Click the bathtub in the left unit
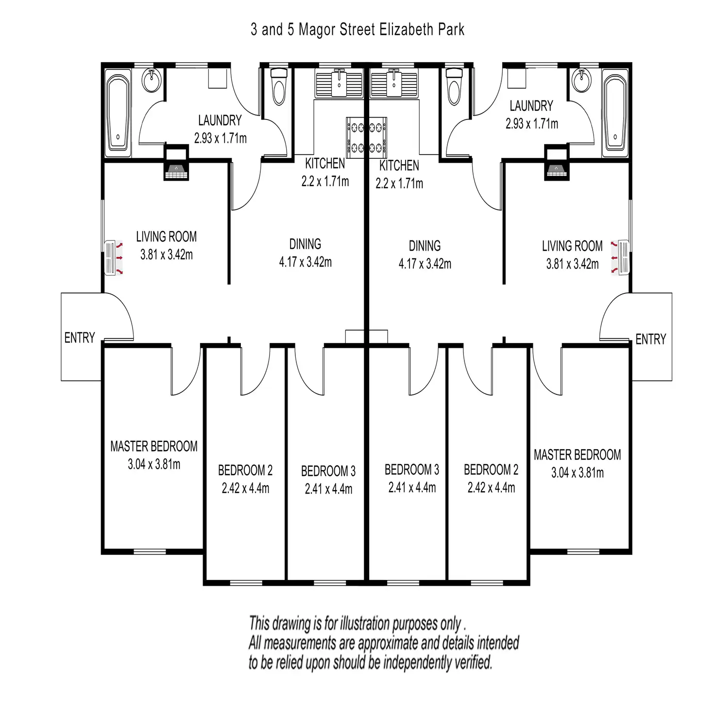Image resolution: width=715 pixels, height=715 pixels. [x=118, y=113]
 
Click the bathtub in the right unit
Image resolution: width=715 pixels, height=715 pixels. [x=614, y=113]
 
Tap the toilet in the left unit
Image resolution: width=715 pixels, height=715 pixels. [x=279, y=86]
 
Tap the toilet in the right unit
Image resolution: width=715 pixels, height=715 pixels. [x=454, y=86]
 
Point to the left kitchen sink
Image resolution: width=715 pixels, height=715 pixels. [x=339, y=84]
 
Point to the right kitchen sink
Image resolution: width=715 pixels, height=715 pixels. [x=393, y=84]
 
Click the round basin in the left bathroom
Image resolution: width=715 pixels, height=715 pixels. [x=152, y=80]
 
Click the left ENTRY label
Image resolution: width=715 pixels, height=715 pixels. [x=80, y=338]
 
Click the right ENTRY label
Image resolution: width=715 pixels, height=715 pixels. [x=650, y=339]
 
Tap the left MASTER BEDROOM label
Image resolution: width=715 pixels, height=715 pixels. [x=153, y=446]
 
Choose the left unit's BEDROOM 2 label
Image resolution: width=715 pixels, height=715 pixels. [x=245, y=470]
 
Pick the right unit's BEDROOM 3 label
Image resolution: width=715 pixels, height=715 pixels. [x=411, y=470]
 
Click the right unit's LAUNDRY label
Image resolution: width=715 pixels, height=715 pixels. [x=531, y=106]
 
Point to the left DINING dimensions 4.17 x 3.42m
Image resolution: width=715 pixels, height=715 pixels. [x=305, y=262]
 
